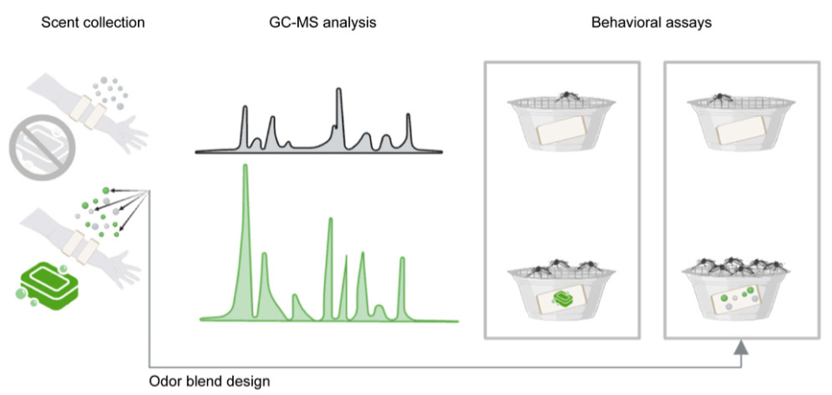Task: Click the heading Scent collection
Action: pos(93,23)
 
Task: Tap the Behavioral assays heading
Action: pos(651,23)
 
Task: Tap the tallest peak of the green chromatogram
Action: pos(245,169)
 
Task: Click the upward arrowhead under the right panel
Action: pos(741,348)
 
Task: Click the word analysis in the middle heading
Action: pos(351,23)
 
